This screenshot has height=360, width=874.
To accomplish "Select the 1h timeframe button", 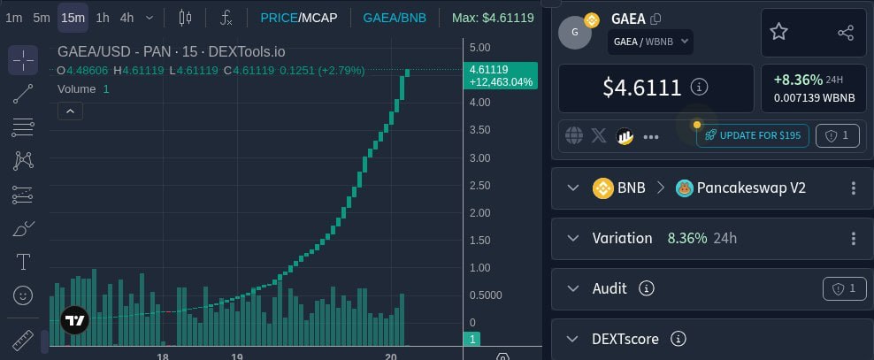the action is click(x=103, y=18).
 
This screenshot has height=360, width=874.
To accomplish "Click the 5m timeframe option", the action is click(x=42, y=18).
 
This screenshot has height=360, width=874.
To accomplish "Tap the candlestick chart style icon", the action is click(x=185, y=18).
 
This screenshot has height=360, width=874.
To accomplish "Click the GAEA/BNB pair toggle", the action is click(x=395, y=18).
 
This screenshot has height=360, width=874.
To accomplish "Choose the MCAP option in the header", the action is click(x=318, y=18).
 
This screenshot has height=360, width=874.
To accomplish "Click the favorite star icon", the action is click(x=778, y=33).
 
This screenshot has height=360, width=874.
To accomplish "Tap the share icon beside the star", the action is click(x=846, y=33).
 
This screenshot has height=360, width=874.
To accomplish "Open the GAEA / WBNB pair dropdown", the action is click(x=650, y=42).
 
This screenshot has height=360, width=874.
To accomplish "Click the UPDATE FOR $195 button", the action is click(x=753, y=135).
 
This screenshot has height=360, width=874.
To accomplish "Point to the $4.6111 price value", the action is click(x=642, y=88).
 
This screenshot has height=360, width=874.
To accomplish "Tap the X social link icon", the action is click(x=599, y=135).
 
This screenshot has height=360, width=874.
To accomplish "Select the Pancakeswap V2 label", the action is click(x=751, y=188).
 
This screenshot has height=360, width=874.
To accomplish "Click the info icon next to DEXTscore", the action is click(x=678, y=339).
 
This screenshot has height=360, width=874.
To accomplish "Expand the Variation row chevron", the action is click(x=573, y=239).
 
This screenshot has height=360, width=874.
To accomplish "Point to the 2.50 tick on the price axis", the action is click(x=480, y=186).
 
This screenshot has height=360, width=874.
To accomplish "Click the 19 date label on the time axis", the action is click(x=237, y=356).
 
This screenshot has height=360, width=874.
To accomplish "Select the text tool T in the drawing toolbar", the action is click(x=23, y=261).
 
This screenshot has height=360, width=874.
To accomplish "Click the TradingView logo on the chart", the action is click(x=74, y=320).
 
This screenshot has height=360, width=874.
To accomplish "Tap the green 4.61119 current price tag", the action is click(x=500, y=76).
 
